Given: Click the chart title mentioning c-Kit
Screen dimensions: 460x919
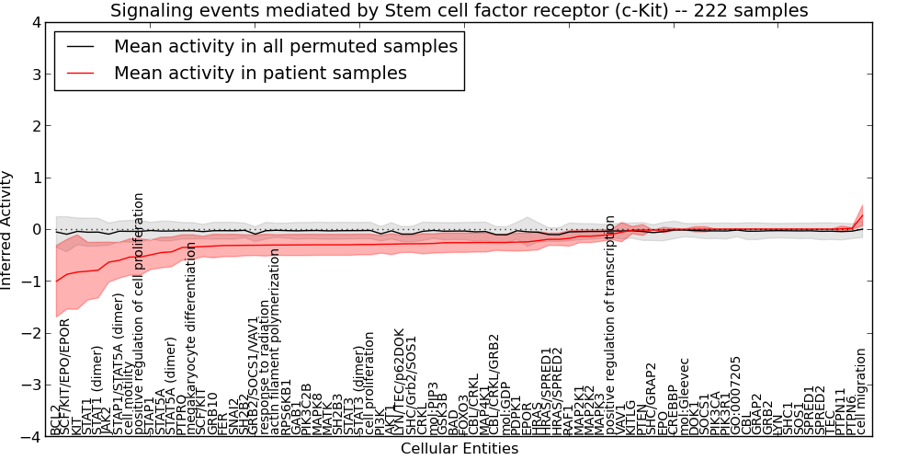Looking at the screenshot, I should (x=459, y=11).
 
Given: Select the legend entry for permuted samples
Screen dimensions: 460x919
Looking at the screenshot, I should (x=284, y=46).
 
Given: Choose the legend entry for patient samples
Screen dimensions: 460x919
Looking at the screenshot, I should (x=260, y=73).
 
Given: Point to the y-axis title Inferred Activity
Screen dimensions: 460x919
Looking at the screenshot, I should (x=7, y=230).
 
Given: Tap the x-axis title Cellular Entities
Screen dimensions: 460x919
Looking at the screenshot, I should (x=459, y=449).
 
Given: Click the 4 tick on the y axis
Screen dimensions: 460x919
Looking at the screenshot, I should (x=38, y=22).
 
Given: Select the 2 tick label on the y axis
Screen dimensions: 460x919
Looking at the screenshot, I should (x=38, y=126).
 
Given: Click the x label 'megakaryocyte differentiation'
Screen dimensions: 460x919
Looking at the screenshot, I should (x=192, y=339).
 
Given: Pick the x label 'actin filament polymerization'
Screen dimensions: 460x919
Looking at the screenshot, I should (x=275, y=342).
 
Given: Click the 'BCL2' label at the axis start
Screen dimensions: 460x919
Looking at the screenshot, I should (x=56, y=420).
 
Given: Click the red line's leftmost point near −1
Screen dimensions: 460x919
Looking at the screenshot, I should (x=56, y=281).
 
